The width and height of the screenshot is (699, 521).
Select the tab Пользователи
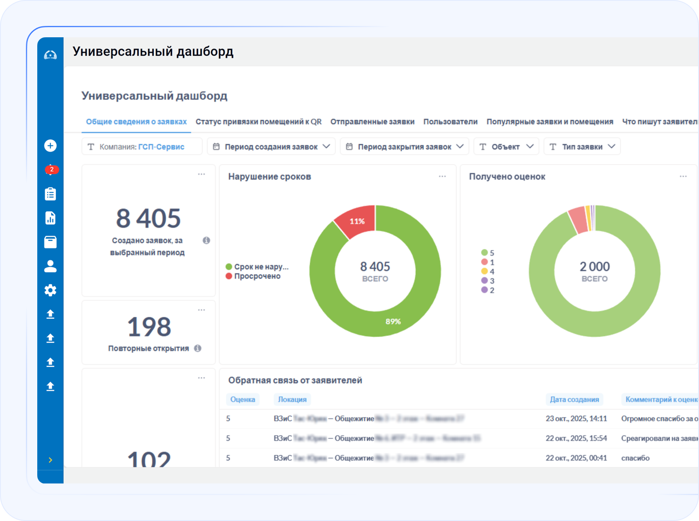pyautogui.click(x=450, y=122)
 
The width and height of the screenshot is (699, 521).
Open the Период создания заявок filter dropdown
pyautogui.click(x=271, y=147)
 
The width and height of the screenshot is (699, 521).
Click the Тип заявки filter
pyautogui.click(x=582, y=147)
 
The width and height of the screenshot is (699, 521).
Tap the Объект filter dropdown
pyautogui.click(x=506, y=147)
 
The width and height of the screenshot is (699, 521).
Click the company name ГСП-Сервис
pyautogui.click(x=161, y=147)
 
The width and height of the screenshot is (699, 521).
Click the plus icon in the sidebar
pyautogui.click(x=50, y=145)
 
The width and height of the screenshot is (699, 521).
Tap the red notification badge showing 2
pyautogui.click(x=51, y=169)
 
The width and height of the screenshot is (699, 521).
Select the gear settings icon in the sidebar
pyautogui.click(x=50, y=290)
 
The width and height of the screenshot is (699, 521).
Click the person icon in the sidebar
pyautogui.click(x=50, y=266)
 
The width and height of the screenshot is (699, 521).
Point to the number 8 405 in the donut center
pyautogui.click(x=375, y=266)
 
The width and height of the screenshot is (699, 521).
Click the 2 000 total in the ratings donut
pyautogui.click(x=595, y=266)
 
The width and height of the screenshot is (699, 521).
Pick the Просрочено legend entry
pyautogui.click(x=257, y=276)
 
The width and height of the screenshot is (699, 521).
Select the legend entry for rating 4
pyautogui.click(x=488, y=271)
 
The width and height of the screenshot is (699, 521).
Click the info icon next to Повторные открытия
pyautogui.click(x=198, y=348)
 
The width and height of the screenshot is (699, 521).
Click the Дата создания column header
pyautogui.click(x=574, y=399)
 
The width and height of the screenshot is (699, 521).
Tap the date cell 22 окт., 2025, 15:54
pyautogui.click(x=576, y=438)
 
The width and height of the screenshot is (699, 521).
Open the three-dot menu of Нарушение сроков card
pyautogui.click(x=442, y=176)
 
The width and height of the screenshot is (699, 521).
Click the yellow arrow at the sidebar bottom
pyautogui.click(x=50, y=460)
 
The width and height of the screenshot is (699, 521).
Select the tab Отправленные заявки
pyautogui.click(x=372, y=122)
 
